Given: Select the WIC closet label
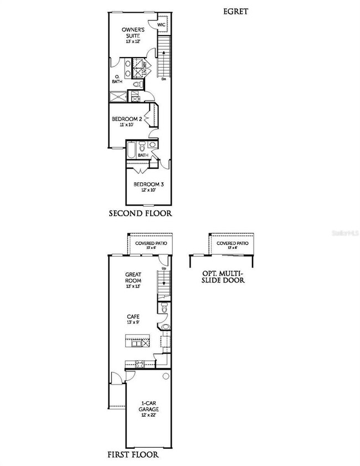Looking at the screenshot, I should tap(161, 25).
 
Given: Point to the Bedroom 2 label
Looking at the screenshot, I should tap(128, 119).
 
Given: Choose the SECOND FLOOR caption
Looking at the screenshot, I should tap(140, 213).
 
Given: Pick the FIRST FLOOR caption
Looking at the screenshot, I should tap(133, 455).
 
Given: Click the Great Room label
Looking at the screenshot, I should tap(133, 278).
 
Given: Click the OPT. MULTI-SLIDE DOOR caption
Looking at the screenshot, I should tap(224, 276).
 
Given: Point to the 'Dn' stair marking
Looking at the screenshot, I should tap(164, 80).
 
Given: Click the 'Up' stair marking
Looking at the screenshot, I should tap(163, 269).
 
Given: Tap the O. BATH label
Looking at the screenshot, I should tap(117, 79).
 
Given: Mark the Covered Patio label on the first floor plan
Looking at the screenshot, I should tap(151, 243).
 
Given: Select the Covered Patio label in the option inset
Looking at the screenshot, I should tap(232, 243).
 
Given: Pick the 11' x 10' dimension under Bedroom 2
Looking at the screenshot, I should tap(128, 126).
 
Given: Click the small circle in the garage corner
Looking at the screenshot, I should tap(165, 376).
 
